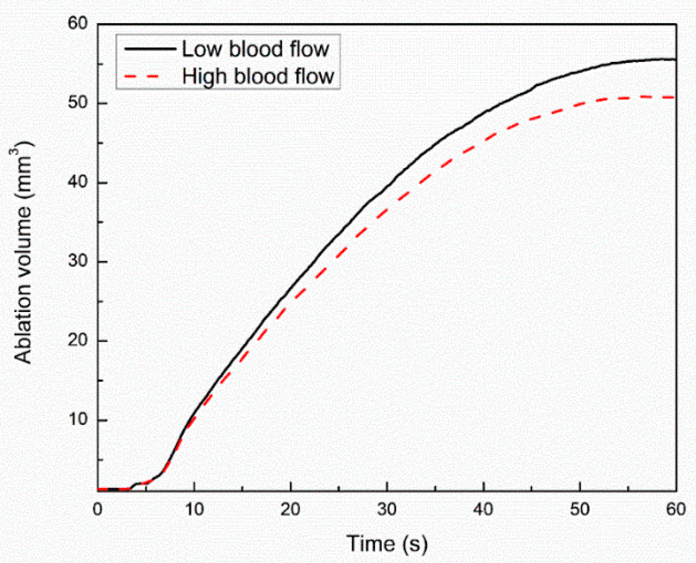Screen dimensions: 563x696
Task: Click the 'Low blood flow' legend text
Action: click(255, 49)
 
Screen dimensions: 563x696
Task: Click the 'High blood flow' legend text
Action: click(258, 76)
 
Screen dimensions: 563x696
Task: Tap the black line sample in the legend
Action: click(150, 49)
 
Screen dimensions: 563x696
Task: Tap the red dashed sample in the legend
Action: click(142, 76)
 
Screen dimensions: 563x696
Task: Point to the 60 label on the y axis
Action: click(77, 24)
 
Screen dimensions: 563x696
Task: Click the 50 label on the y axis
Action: click(77, 103)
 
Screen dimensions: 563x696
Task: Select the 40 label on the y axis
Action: click(77, 182)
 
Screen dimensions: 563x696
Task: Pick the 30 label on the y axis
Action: click(77, 261)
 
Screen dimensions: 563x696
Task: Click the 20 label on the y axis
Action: click(77, 340)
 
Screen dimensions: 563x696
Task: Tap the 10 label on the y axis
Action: click(77, 419)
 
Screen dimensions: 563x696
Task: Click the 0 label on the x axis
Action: click(98, 509)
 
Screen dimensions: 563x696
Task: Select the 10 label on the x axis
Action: click(194, 509)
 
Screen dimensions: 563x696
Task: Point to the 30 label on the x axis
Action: click(387, 509)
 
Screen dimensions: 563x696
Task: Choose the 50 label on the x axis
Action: click(580, 509)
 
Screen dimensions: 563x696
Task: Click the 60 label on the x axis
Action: click(676, 509)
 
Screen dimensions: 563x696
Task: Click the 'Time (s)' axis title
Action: click(387, 543)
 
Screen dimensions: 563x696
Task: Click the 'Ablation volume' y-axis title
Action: click(23, 252)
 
